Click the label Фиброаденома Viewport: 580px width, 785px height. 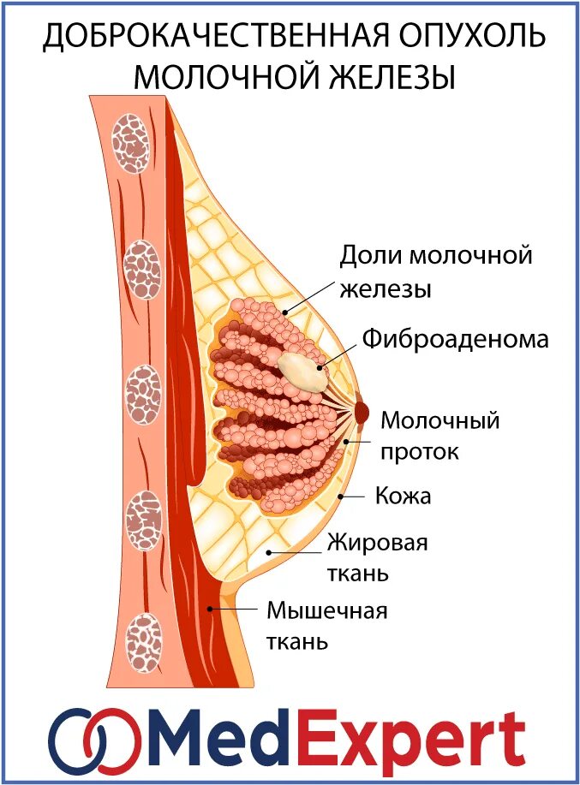[x=453, y=339]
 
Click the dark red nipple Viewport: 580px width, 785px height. [x=362, y=413]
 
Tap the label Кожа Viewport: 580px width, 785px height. [x=402, y=496]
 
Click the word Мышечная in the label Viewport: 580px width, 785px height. [x=327, y=611]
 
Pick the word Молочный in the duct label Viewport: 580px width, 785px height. [x=439, y=421]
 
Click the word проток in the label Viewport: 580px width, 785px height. [x=419, y=451]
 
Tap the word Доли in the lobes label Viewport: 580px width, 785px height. [x=370, y=256]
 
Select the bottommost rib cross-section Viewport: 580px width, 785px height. [x=143, y=639]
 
